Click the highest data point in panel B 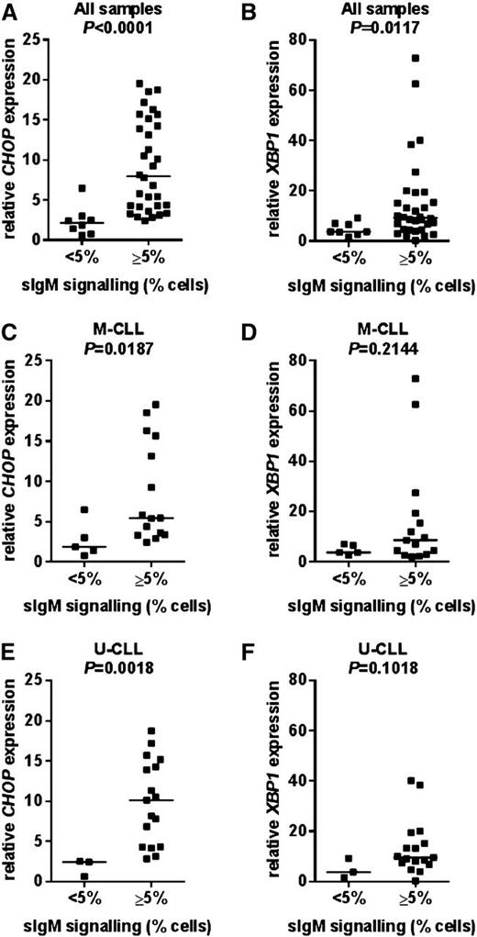(416, 58)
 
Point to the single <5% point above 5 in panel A (83, 188)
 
